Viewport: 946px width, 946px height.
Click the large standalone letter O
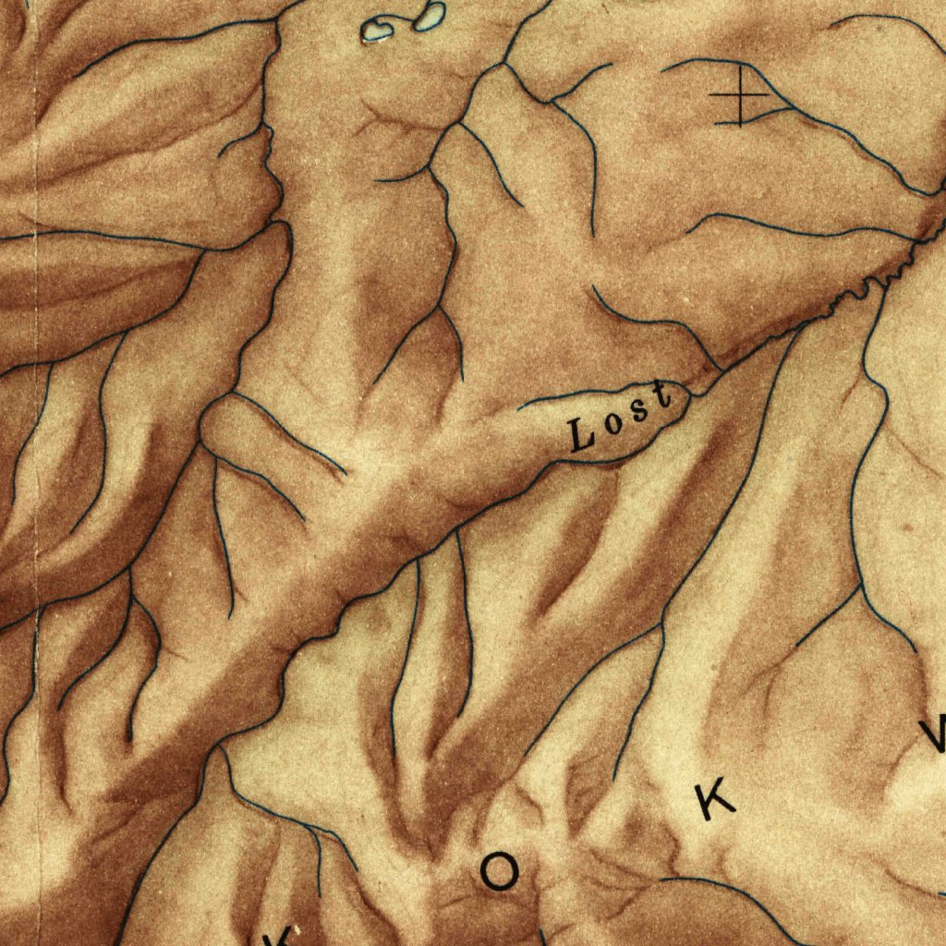tap(499, 871)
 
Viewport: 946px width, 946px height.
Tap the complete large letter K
tap(715, 798)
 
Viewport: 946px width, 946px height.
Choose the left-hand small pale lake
tap(377, 31)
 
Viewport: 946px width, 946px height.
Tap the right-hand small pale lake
tap(429, 16)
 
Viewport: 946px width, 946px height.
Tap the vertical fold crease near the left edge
tap(36, 277)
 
